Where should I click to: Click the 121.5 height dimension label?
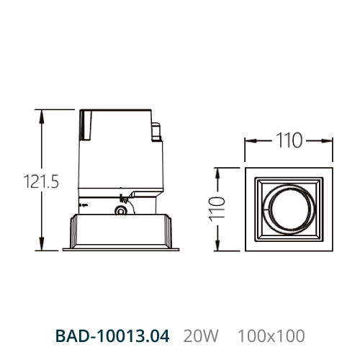tap(41, 181)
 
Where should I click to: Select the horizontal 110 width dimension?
tap(289, 140)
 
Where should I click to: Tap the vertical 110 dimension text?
tap(217, 209)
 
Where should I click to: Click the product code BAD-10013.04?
tap(112, 336)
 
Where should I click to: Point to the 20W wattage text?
tap(201, 336)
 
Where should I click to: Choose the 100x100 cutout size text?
tap(271, 336)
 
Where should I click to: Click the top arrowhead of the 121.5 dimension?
tap(42, 117)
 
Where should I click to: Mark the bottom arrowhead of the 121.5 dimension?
tap(42, 243)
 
